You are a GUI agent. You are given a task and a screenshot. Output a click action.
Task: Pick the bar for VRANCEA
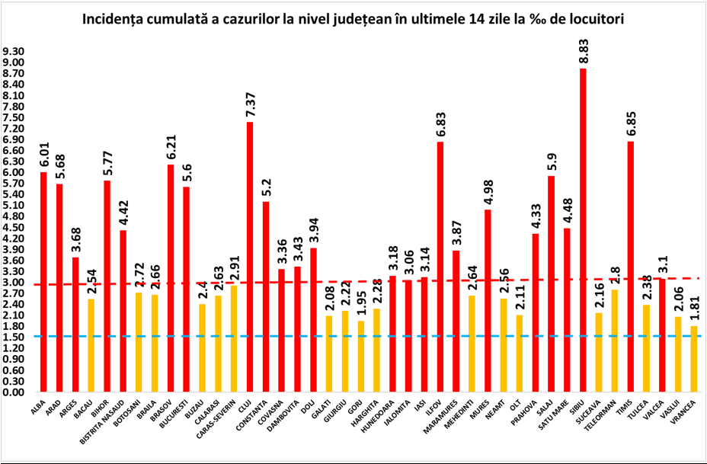pyautogui.click(x=693, y=358)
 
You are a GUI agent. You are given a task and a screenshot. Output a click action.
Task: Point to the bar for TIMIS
pyautogui.click(x=631, y=267)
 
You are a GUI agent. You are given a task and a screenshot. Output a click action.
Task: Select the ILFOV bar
pyautogui.click(x=440, y=267)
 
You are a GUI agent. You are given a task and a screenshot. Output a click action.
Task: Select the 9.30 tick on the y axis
pyautogui.click(x=14, y=52)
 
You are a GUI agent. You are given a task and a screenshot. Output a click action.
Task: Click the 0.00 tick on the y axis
pyautogui.click(x=14, y=392)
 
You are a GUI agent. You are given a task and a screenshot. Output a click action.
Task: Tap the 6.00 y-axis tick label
pyautogui.click(x=14, y=172)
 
